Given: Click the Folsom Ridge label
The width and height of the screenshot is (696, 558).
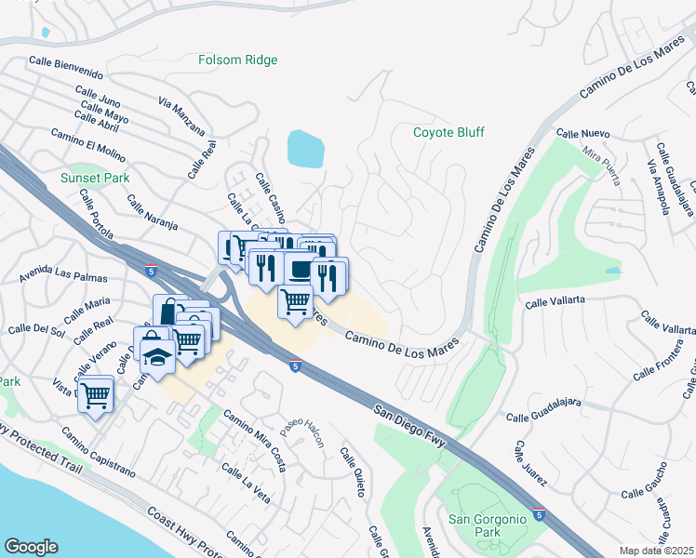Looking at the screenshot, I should [238, 60].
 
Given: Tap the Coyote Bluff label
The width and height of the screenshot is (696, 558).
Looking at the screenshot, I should [448, 132].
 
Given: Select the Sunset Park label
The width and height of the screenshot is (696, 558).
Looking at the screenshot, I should [94, 177].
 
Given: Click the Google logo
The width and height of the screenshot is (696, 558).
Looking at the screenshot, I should [31, 547].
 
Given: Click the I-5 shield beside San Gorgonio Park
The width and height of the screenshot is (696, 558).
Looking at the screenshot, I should [540, 512].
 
